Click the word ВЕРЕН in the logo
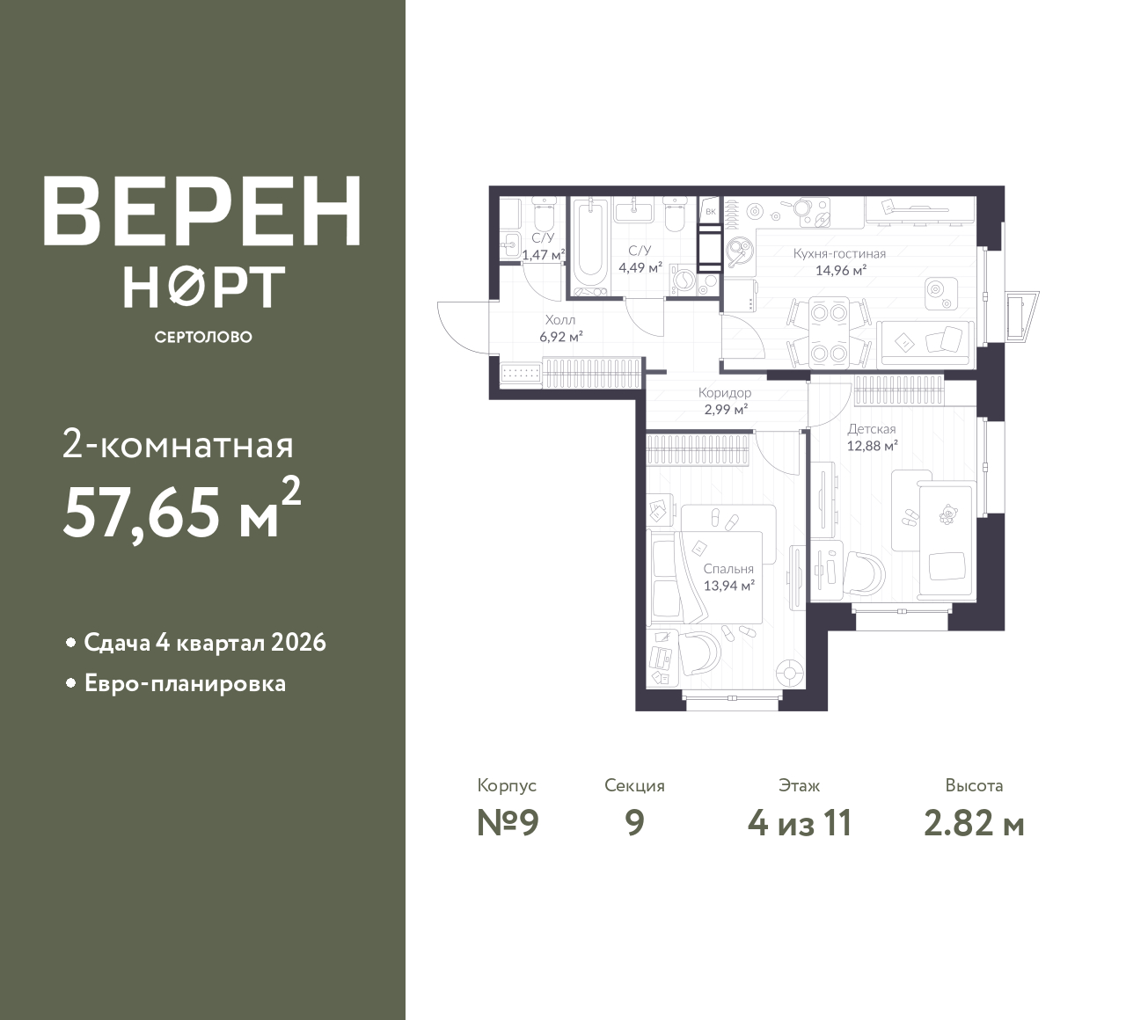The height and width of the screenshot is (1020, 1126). (x=202, y=211)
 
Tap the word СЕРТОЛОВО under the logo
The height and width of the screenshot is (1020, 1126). (x=203, y=337)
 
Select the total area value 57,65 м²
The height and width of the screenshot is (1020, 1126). (x=182, y=511)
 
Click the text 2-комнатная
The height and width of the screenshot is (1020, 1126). (x=178, y=447)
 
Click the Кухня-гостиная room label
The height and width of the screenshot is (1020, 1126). (x=839, y=253)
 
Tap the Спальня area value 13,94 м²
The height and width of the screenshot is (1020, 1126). (x=728, y=586)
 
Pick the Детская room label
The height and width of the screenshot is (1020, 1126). (x=871, y=429)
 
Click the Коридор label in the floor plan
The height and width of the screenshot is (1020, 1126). (x=725, y=393)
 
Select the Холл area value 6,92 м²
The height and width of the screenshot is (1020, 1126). (x=560, y=337)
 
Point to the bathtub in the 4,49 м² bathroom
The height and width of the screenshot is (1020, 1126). (x=590, y=247)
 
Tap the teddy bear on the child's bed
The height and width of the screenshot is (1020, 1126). (x=947, y=514)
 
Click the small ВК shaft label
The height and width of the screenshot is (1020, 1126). (x=711, y=212)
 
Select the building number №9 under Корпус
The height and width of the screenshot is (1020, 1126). (x=508, y=824)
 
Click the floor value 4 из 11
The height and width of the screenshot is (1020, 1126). (x=800, y=824)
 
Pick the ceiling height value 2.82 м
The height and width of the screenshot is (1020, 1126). (x=974, y=824)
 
